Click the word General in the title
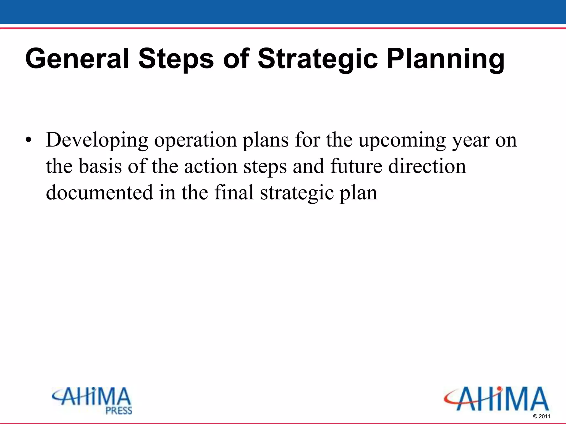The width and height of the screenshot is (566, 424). point(77,59)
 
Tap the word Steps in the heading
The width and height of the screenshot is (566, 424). point(176,59)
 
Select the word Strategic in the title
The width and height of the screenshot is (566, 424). point(318,59)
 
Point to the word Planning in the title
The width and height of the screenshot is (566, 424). point(446,59)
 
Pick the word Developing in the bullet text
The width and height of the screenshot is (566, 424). point(97,140)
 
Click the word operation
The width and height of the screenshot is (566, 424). point(195,140)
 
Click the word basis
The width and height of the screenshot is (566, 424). point(100,166)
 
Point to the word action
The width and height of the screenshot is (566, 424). point(211,166)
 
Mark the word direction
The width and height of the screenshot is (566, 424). point(427,166)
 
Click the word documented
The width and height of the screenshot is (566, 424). point(99,193)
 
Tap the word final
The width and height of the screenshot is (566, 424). point(234,193)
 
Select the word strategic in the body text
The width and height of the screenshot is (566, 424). point(297,193)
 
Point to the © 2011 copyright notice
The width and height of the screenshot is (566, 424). point(542,416)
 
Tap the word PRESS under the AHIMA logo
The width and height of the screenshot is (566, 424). point(119,411)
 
